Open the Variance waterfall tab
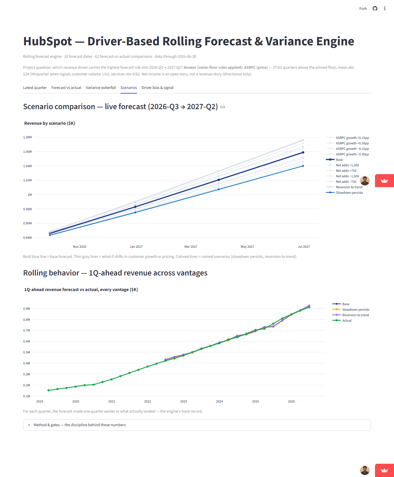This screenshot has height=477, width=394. pyautogui.click(x=101, y=88)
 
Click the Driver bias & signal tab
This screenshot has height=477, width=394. pyautogui.click(x=157, y=88)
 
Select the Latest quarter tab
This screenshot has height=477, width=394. pyautogui.click(x=35, y=88)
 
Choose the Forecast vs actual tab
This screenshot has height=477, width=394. pyautogui.click(x=66, y=88)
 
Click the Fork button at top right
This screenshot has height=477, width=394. pyautogui.click(x=363, y=9)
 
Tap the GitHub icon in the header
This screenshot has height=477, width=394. pyautogui.click(x=375, y=8)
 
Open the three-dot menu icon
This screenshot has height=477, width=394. pyautogui.click(x=385, y=8)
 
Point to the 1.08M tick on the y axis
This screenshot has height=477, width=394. pyautogui.click(x=27, y=137)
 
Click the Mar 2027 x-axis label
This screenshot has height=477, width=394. pyautogui.click(x=191, y=247)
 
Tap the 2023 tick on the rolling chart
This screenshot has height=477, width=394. pyautogui.click(x=183, y=401)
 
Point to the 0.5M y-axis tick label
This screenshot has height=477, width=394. pyautogui.click(x=27, y=352)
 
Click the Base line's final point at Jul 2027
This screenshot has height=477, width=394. pyautogui.click(x=303, y=152)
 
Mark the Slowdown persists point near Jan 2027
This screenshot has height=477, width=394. pyautogui.click(x=135, y=213)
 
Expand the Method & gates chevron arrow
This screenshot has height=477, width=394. pyautogui.click(x=29, y=425)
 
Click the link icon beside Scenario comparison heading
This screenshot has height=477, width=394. pyautogui.click(x=223, y=107)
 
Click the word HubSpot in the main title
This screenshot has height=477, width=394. pyautogui.click(x=48, y=41)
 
